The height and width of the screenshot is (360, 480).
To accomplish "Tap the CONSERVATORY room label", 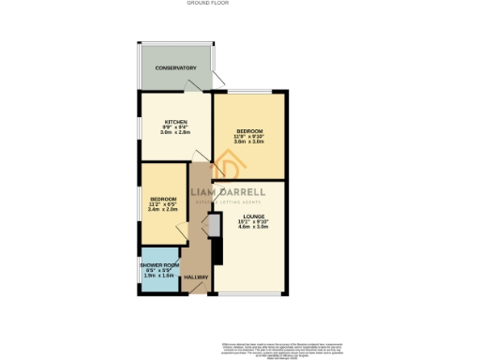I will click(x=176, y=68).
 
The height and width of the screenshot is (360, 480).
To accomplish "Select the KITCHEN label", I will click(x=176, y=123).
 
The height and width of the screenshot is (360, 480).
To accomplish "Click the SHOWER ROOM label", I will click(x=159, y=266).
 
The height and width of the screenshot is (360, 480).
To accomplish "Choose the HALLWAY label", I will click(x=196, y=277).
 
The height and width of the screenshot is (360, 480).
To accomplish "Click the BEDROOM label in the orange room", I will click(x=249, y=130).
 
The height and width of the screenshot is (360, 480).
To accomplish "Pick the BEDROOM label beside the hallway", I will click(x=163, y=199).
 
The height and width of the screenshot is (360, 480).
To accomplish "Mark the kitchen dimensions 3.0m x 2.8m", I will click(x=176, y=134).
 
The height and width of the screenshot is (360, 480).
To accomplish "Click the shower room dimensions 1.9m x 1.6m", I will click(x=159, y=277).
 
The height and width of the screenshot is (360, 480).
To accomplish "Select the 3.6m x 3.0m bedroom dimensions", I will click(x=249, y=142).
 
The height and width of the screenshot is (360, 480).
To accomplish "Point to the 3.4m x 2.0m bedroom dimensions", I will click(x=163, y=210).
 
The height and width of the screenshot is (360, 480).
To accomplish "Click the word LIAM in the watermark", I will click(x=209, y=192).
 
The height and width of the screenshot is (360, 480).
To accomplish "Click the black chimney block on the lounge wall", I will click(x=217, y=250).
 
